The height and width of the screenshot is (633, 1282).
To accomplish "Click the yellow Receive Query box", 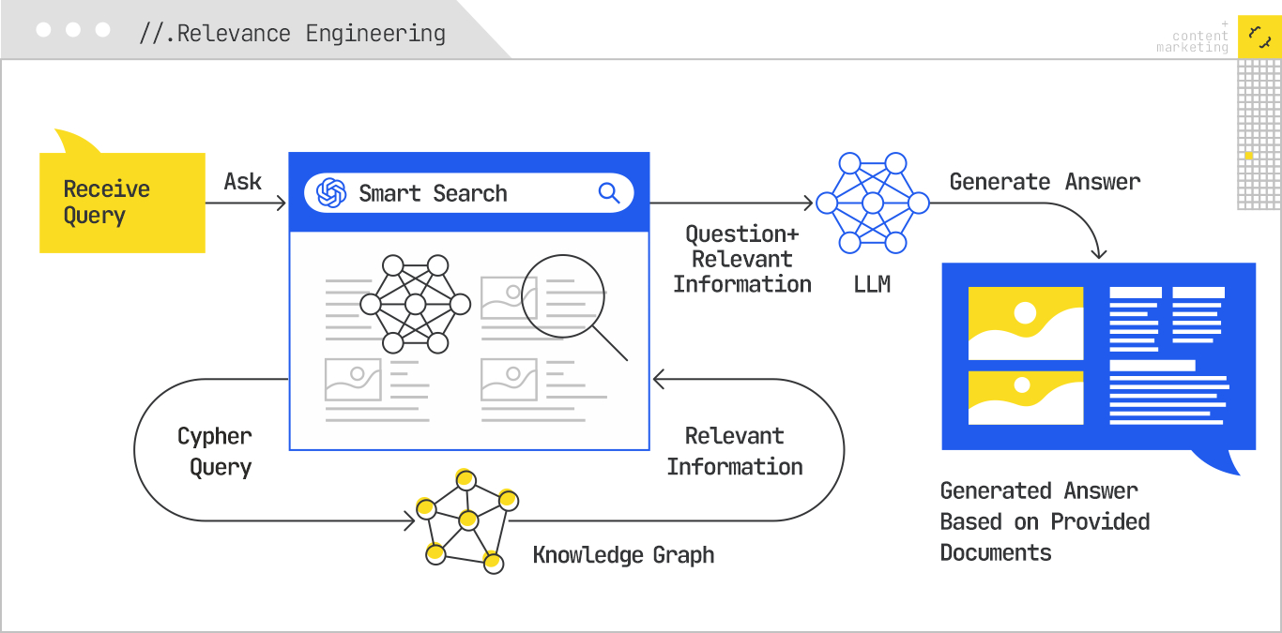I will (122, 203).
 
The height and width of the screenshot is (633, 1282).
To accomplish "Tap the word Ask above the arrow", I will (243, 181).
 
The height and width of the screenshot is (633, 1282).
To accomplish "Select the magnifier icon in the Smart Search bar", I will (609, 193).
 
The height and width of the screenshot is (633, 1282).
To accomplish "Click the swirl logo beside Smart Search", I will (331, 193).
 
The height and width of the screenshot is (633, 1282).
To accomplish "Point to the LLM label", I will (872, 283).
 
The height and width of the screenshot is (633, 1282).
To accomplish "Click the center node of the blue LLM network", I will (873, 203).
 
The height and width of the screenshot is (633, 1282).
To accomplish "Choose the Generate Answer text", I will (1045, 181).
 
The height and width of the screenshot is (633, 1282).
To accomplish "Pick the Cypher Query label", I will (216, 451).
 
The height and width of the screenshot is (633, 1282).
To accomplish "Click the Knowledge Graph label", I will (623, 555).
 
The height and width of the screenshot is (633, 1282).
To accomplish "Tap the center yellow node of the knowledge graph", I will (467, 520).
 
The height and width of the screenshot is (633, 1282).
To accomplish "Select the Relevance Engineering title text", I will (293, 34).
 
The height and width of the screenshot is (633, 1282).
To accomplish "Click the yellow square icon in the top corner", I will (1259, 37).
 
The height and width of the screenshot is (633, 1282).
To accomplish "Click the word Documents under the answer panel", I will (996, 552).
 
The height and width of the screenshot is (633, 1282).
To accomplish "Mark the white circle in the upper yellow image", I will (1025, 312).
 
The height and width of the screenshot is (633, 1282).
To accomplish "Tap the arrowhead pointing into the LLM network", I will (808, 203).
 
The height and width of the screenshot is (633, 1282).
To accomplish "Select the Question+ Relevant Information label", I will (741, 259).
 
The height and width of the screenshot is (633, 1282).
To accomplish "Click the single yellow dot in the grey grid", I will (1249, 155).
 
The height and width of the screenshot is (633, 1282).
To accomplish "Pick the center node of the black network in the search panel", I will (416, 305).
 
